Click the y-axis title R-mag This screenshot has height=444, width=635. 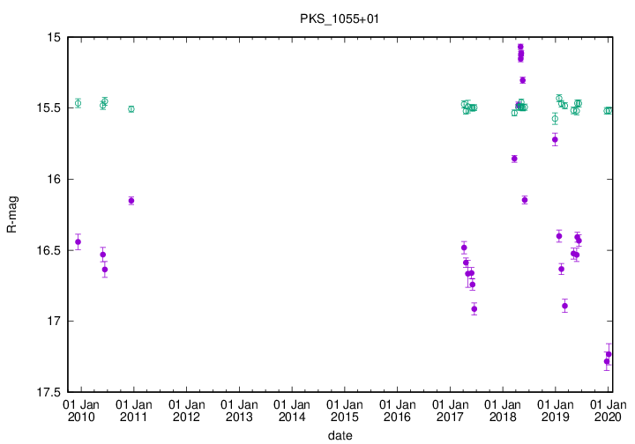tap(11, 214)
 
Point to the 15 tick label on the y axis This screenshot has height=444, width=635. tap(54, 38)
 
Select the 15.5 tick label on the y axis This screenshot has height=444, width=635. tap(49, 108)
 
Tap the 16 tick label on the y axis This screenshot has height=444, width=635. tap(54, 179)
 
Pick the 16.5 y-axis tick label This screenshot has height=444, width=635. tap(49, 250)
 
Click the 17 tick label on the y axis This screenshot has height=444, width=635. tap(54, 321)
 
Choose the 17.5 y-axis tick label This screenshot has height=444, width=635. tap(49, 391)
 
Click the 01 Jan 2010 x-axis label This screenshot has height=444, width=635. tap(81, 411)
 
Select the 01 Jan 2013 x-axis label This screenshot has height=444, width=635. tap(239, 411)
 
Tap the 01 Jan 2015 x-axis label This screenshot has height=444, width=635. tap(344, 411)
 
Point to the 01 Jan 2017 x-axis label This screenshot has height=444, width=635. tap(450, 411)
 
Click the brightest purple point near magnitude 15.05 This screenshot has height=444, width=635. tap(520, 47)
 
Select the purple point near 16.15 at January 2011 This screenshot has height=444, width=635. tap(131, 201)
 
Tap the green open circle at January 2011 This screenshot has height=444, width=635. tap(131, 109)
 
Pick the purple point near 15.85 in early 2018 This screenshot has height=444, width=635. tap(514, 159)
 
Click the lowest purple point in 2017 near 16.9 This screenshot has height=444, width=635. tap(474, 309)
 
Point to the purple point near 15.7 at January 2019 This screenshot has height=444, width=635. tap(555, 139)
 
